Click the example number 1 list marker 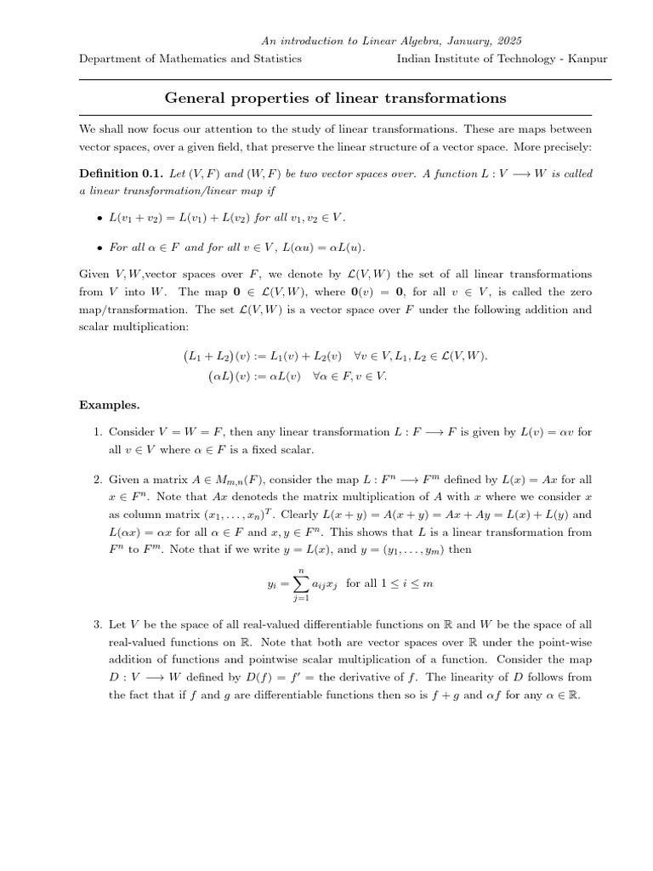pos(98,432)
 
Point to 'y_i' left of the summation pos(272,583)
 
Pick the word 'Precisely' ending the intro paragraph pos(565,147)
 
